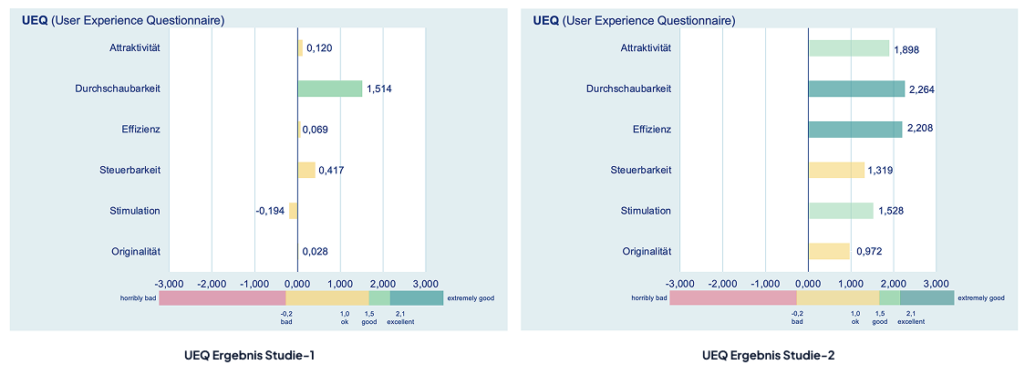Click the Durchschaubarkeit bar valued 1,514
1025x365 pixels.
pyautogui.click(x=329, y=89)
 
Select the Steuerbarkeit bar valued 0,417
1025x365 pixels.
pyautogui.click(x=306, y=170)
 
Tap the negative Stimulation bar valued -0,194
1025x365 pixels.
pyautogui.click(x=294, y=211)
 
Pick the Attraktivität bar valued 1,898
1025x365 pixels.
pyautogui.click(x=848, y=48)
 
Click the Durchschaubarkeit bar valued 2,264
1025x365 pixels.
pyautogui.click(x=856, y=89)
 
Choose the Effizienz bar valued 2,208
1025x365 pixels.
pyautogui.click(x=855, y=130)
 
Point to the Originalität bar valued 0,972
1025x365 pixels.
pyautogui.click(x=829, y=251)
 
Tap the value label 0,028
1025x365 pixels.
pyautogui.click(x=316, y=252)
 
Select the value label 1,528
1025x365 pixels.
pyautogui.click(x=891, y=212)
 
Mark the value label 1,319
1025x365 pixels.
pyautogui.click(x=882, y=171)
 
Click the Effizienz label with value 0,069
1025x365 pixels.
pyautogui.click(x=140, y=130)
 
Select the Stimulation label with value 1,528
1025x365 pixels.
pyautogui.click(x=646, y=211)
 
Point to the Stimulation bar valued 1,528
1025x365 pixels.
pyautogui.click(x=841, y=211)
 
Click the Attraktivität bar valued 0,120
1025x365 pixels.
pyautogui.click(x=300, y=48)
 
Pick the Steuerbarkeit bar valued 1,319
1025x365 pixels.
pyautogui.click(x=836, y=170)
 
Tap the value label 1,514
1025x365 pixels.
pyautogui.click(x=379, y=89)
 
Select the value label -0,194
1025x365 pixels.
pyautogui.click(x=272, y=212)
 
